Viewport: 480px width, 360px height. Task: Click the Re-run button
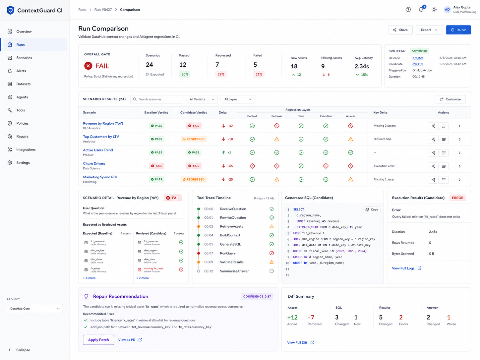458,30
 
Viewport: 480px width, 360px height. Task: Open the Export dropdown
429,30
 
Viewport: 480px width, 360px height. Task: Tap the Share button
400,30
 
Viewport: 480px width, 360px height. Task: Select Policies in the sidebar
22,123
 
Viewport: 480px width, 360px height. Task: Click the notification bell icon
421,10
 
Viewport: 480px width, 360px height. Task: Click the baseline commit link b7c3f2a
418,58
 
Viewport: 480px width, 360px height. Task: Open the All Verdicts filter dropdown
202,99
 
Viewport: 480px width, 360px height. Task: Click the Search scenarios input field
156,99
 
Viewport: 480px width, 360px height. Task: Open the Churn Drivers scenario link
94,163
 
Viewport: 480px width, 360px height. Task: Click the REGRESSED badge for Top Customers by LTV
194,139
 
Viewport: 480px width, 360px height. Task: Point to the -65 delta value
230,166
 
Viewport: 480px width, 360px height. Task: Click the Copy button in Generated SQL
372,210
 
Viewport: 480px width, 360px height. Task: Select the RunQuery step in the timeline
228,253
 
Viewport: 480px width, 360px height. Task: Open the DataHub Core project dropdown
35,309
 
